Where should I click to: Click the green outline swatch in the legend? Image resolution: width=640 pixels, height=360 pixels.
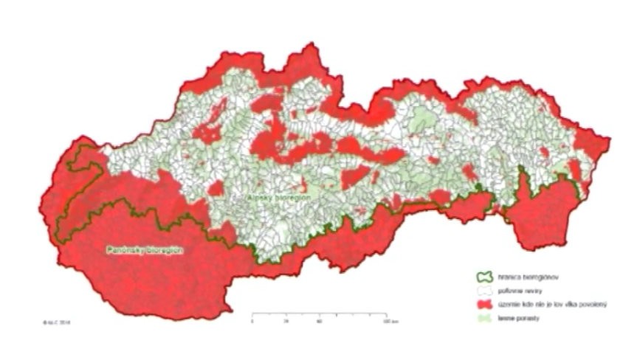pos(484,280)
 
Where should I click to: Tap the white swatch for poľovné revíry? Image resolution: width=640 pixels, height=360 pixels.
pos(484,292)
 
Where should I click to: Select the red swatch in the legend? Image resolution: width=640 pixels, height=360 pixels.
pos(484,304)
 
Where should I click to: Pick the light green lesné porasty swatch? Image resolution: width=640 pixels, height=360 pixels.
pos(484,316)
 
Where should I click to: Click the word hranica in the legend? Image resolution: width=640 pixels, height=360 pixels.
pos(511,280)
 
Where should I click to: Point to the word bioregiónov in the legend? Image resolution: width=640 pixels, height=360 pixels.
pos(540,280)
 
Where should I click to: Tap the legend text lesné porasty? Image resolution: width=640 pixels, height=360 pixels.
pos(520,316)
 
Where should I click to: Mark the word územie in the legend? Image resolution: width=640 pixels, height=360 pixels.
pos(510,304)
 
